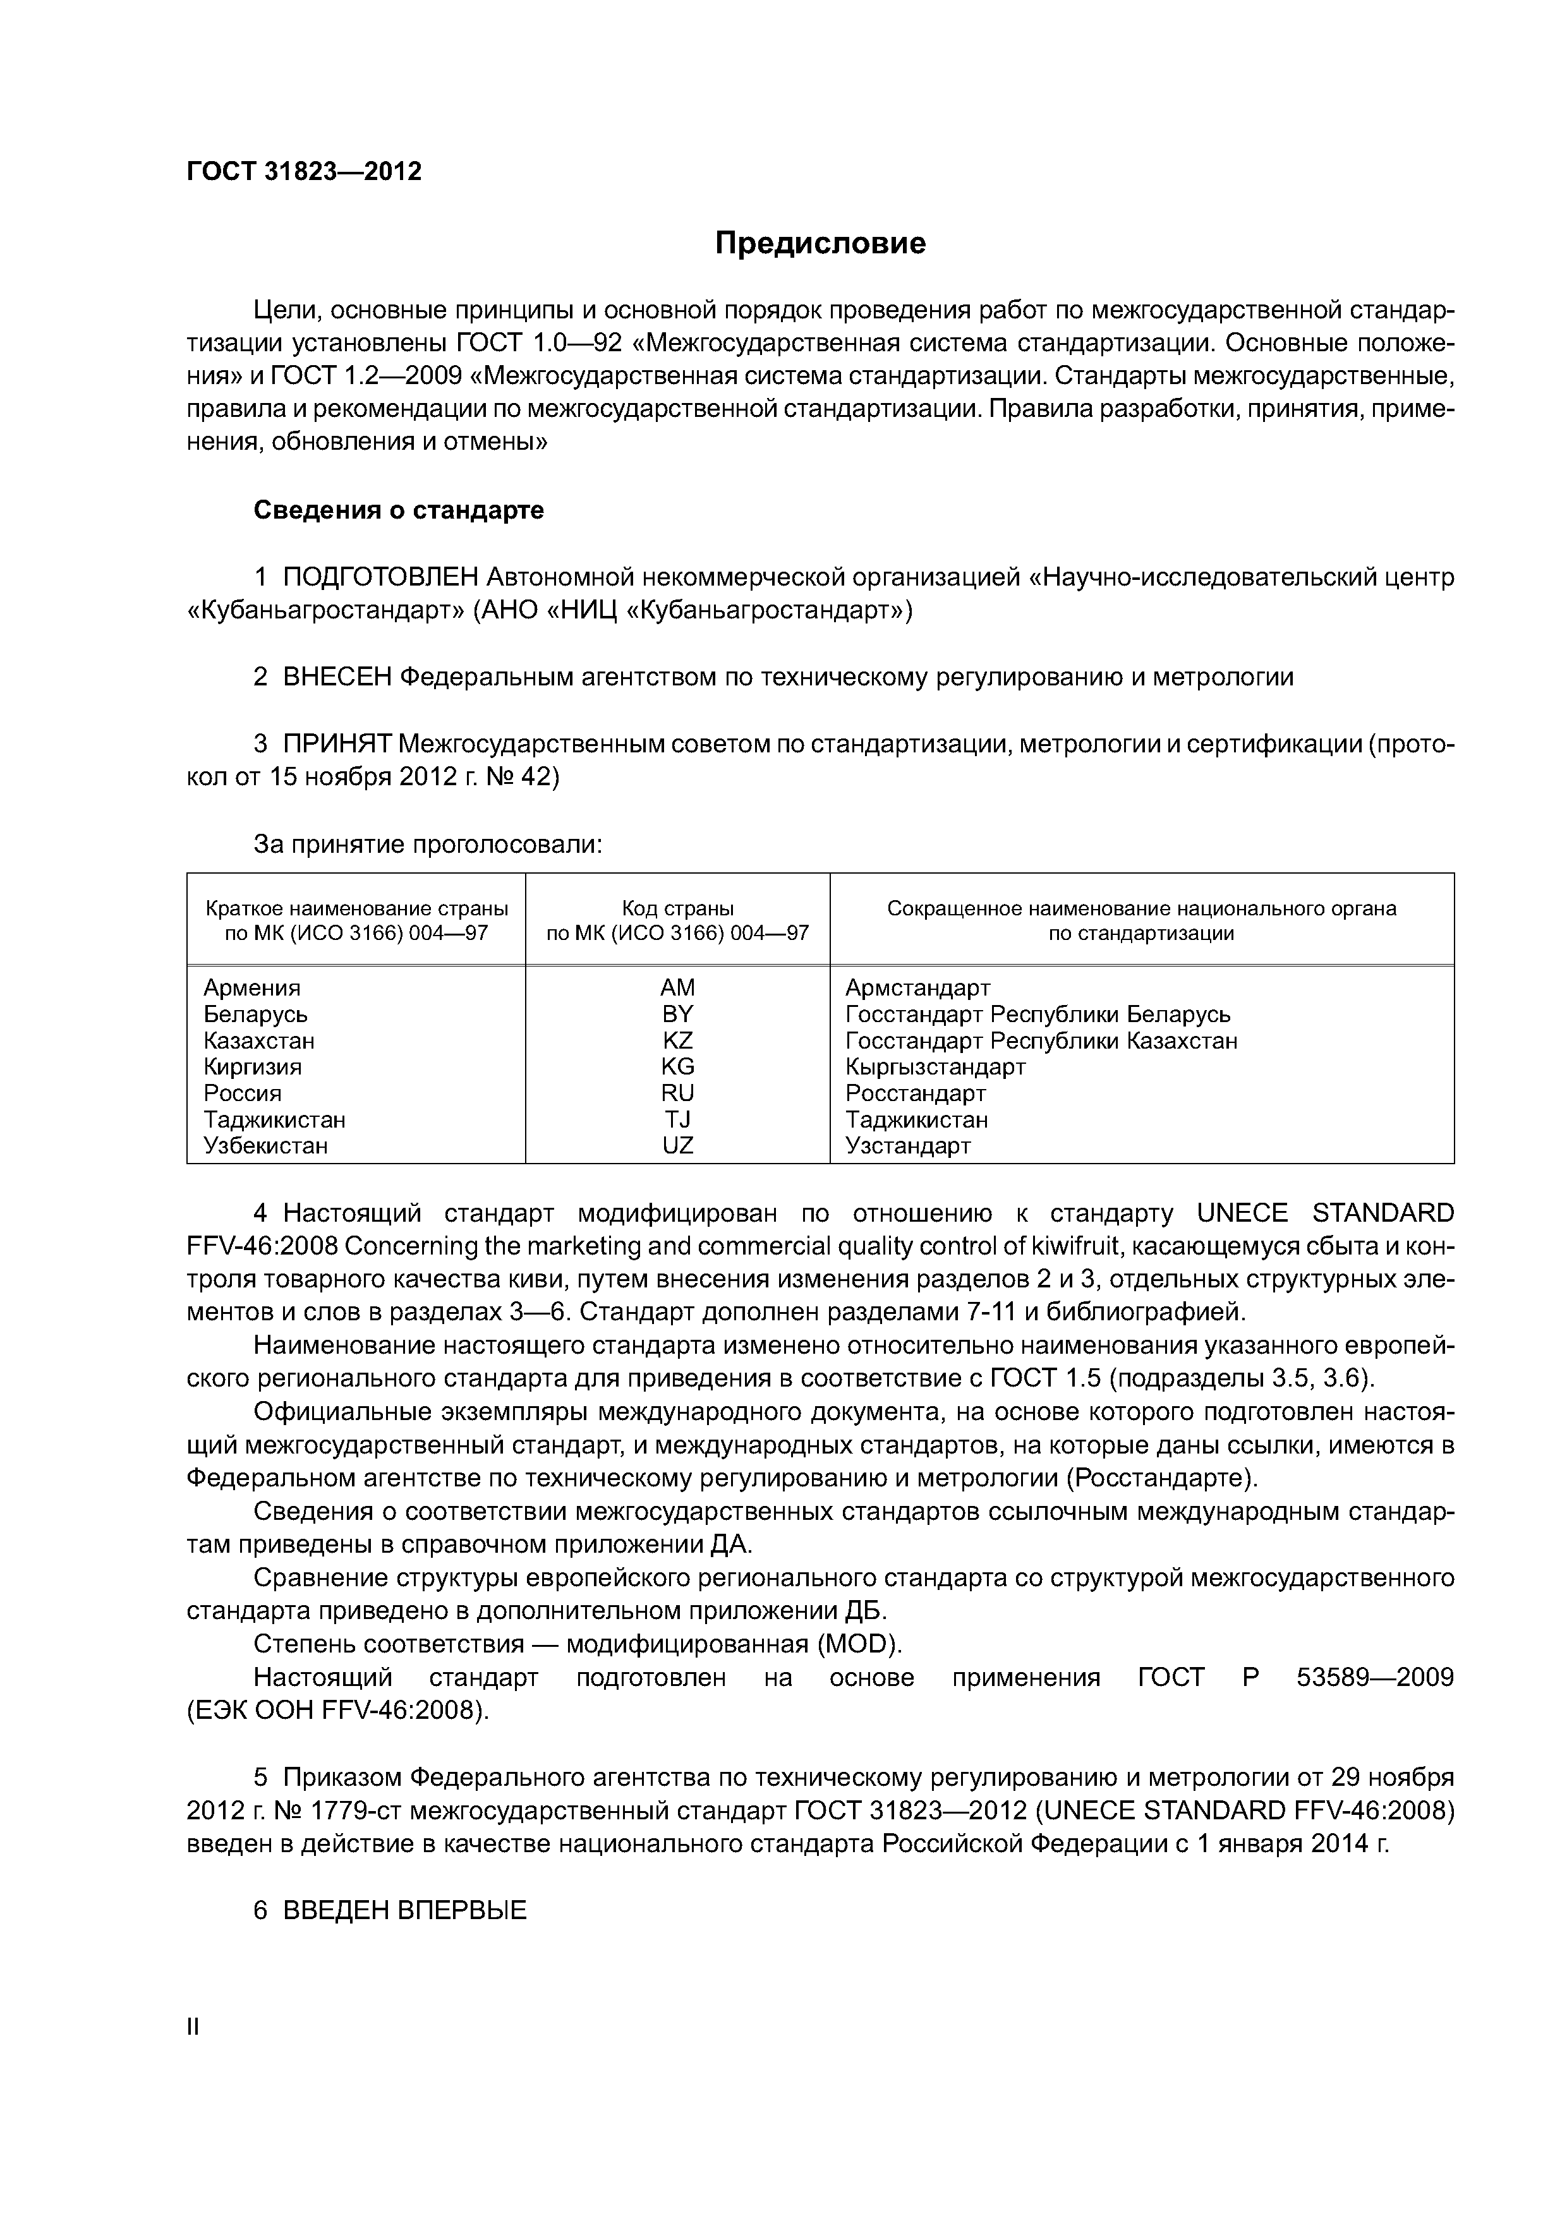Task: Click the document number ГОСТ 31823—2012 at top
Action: tap(304, 172)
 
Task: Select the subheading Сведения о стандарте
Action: tap(399, 510)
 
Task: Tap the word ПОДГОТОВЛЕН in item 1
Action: tap(380, 577)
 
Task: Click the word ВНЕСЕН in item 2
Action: tap(337, 678)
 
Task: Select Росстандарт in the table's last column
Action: tap(916, 1093)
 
